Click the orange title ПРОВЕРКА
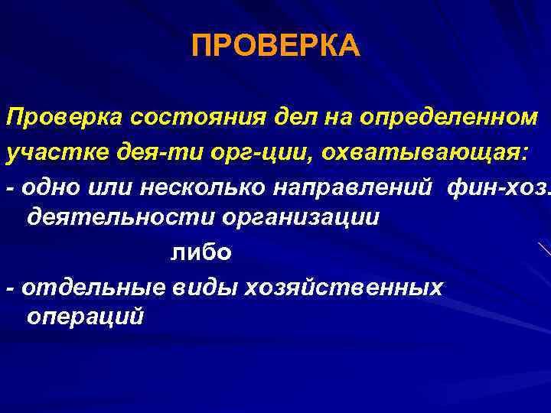[x=275, y=47]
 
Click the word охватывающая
[x=412, y=152]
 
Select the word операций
[x=84, y=317]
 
